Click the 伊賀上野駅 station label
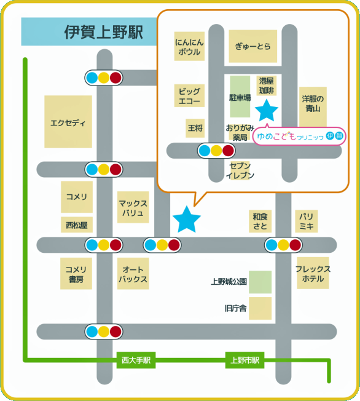click(103, 32)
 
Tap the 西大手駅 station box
click(136, 360)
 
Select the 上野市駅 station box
click(245, 360)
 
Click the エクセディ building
click(68, 122)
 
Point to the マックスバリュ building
click(133, 207)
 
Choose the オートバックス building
click(133, 274)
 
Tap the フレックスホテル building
click(313, 273)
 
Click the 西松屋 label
click(77, 225)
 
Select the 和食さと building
click(260, 221)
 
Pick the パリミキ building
click(307, 221)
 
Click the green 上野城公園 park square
click(260, 282)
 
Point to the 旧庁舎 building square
click(260, 308)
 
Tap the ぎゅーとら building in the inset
click(253, 46)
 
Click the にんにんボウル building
click(189, 46)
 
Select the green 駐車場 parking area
click(240, 97)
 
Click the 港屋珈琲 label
click(267, 85)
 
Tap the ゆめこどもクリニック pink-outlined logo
click(299, 136)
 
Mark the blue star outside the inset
click(187, 220)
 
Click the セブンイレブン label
click(240, 170)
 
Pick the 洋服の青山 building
click(313, 106)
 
